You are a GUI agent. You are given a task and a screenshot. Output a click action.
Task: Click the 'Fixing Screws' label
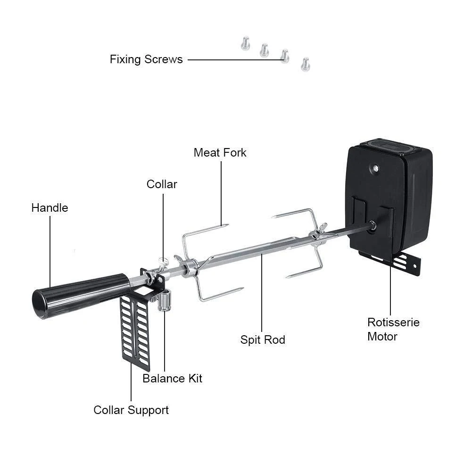tap(146, 59)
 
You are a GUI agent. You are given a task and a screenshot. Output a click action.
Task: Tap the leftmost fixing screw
tap(244, 44)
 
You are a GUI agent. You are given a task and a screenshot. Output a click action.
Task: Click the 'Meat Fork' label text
tap(220, 153)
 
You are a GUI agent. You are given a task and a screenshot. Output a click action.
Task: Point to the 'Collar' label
tap(162, 184)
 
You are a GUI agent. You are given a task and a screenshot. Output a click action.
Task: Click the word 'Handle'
tap(50, 208)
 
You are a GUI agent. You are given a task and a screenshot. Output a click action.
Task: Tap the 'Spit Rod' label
tap(263, 340)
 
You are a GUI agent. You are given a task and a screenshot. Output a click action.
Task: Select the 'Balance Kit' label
tap(172, 378)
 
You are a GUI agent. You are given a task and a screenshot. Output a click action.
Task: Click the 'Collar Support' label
tap(131, 410)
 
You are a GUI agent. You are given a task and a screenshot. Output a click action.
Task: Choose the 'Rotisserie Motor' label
tap(393, 329)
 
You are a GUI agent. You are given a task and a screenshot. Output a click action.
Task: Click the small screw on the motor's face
tap(375, 168)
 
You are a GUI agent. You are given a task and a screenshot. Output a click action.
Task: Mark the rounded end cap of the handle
tap(40, 305)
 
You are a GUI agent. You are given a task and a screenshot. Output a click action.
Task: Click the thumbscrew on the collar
tap(163, 261)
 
